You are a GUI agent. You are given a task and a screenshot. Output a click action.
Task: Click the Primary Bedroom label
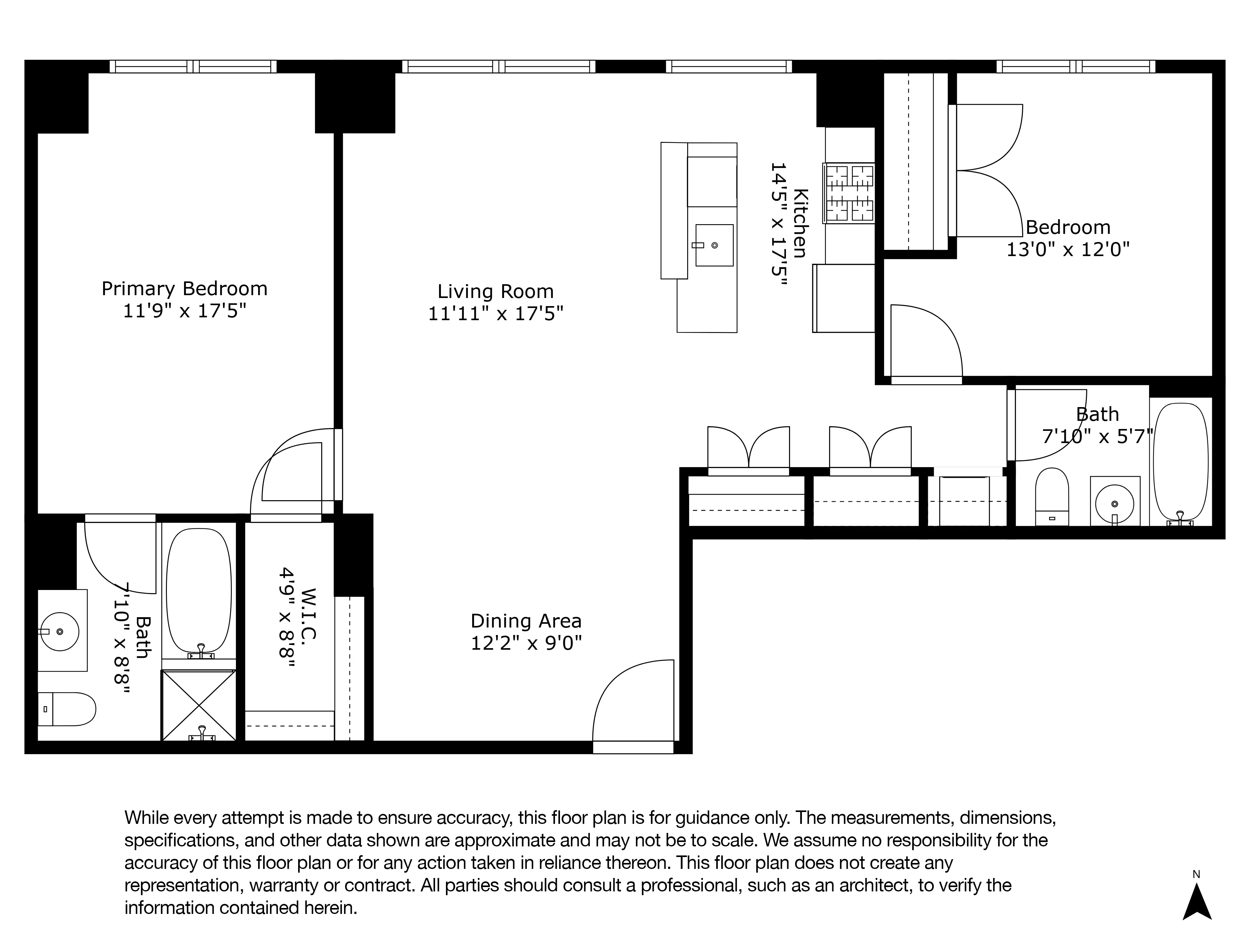click(184, 289)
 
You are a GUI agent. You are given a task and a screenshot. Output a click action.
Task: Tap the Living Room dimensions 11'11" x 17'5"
click(496, 313)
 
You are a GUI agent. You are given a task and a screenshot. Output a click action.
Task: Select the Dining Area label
click(526, 621)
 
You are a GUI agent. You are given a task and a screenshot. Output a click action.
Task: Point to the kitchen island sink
click(714, 245)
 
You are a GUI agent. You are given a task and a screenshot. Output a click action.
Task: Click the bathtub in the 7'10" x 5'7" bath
click(1181, 461)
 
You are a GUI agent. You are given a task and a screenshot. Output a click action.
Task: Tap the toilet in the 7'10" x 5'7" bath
click(1052, 497)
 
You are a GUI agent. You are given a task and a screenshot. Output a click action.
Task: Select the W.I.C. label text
click(308, 613)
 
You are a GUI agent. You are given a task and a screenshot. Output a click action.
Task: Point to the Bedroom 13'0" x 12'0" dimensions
click(1067, 249)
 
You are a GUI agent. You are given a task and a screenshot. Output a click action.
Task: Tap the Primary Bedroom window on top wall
click(193, 67)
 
